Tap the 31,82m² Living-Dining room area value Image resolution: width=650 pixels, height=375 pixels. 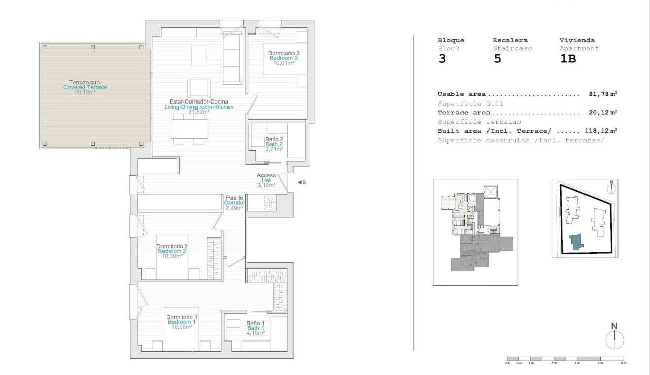[199, 112]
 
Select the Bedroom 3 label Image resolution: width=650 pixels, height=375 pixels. [283, 58]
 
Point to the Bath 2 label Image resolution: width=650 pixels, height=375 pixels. [274, 144]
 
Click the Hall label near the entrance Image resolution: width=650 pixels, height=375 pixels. [266, 180]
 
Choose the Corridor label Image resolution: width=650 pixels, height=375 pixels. [235, 203]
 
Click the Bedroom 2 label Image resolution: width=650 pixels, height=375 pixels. [172, 251]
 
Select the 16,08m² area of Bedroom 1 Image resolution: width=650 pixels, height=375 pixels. [182, 327]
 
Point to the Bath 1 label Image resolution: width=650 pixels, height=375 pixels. [256, 328]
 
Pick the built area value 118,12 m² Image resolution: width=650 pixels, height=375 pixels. [600, 131]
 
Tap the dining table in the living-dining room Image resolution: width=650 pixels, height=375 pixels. [189, 128]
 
